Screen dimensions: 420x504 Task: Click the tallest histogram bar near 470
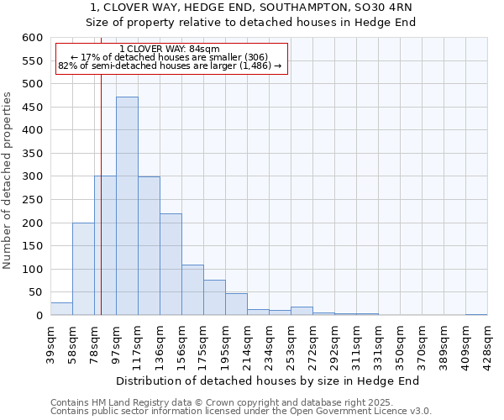pos(127,206)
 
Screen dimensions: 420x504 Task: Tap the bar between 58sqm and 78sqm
pos(83,269)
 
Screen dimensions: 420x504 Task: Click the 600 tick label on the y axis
pos(32,38)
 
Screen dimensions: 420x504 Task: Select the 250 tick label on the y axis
pos(32,200)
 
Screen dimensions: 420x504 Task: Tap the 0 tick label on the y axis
pos(39,316)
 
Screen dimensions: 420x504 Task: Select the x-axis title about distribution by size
pos(267,381)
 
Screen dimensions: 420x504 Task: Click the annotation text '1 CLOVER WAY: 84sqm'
pos(170,50)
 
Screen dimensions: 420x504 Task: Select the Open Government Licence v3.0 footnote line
pos(241,412)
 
